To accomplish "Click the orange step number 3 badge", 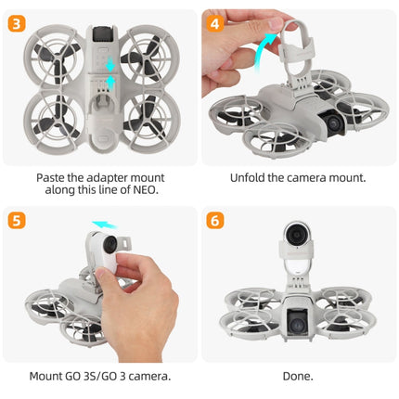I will coord(16,20).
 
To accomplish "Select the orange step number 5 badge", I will coord(16,221).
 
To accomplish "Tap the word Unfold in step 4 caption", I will coord(248,176).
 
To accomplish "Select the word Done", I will coord(298,376).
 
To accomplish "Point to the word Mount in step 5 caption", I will coord(52,376).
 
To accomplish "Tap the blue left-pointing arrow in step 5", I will coord(105,225).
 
